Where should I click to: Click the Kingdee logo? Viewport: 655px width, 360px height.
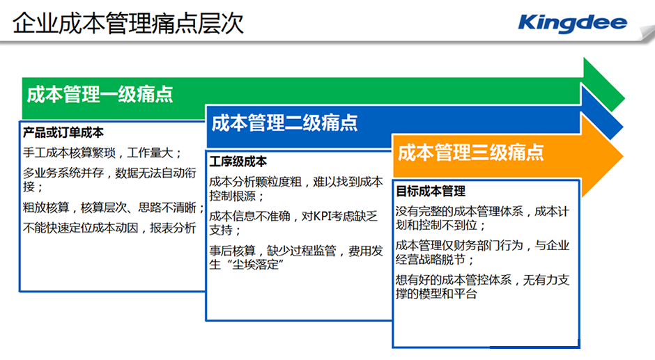tap(572, 23)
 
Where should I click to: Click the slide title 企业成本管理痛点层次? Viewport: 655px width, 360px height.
tap(128, 23)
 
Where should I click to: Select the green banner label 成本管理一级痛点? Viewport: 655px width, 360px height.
tap(100, 94)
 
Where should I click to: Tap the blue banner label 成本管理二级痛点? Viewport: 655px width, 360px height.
tap(284, 123)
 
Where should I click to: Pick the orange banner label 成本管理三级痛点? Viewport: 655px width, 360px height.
tap(471, 152)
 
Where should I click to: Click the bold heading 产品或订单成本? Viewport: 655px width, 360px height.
tap(63, 132)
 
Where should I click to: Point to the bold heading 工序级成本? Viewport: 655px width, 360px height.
tap(238, 162)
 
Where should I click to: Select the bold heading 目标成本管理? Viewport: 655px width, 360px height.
tap(430, 191)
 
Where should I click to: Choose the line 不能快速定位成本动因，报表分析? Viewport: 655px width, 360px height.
tap(109, 228)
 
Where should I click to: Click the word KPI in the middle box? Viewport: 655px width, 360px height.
tap(322, 216)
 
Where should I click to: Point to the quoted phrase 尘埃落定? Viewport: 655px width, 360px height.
tap(256, 265)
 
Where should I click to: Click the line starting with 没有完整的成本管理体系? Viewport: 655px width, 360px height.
tap(482, 211)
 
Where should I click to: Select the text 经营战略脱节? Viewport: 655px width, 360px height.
tap(430, 259)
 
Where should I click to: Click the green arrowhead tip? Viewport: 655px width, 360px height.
tap(625, 100)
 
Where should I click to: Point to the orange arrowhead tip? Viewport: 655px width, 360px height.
tap(623, 156)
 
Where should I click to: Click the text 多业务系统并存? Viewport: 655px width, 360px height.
tap(63, 173)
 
